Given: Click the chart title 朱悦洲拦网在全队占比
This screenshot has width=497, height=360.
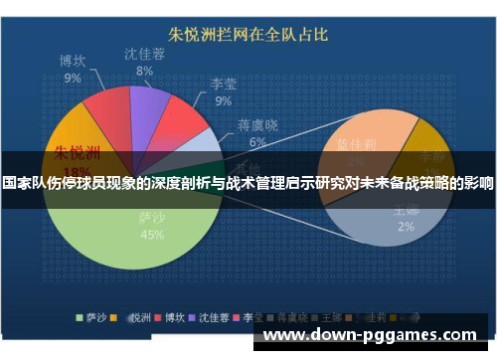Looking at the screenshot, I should (x=248, y=35).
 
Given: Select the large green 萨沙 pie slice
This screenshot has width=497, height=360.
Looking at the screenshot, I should (x=139, y=229).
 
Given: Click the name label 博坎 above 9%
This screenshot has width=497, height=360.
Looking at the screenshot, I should (x=73, y=61).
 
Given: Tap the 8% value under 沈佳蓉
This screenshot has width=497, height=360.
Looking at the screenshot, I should (x=145, y=72).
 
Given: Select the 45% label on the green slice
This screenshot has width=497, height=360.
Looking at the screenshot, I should (x=152, y=235).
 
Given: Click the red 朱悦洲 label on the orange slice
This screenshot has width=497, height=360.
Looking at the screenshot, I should (x=77, y=154).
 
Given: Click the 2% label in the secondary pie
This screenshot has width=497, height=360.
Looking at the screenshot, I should (x=406, y=226).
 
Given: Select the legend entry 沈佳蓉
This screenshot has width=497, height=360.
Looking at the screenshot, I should (x=213, y=319).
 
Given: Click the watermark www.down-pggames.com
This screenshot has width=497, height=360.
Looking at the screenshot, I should (x=369, y=335).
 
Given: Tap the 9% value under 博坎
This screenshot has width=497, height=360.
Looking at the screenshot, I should (x=73, y=78).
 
